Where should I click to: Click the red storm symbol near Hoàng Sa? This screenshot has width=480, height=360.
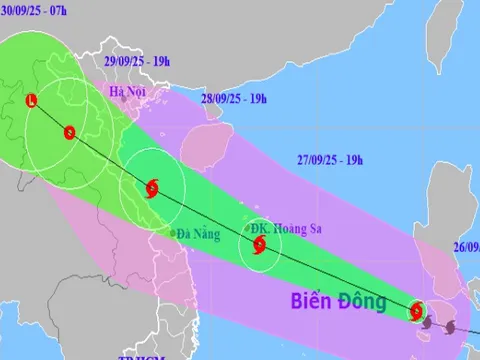259,244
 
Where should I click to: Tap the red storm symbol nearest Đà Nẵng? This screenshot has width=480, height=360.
151,187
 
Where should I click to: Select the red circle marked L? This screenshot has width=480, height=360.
32,100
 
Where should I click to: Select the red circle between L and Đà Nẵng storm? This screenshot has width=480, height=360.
68,132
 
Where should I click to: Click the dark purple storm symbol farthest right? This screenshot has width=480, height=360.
449,327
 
